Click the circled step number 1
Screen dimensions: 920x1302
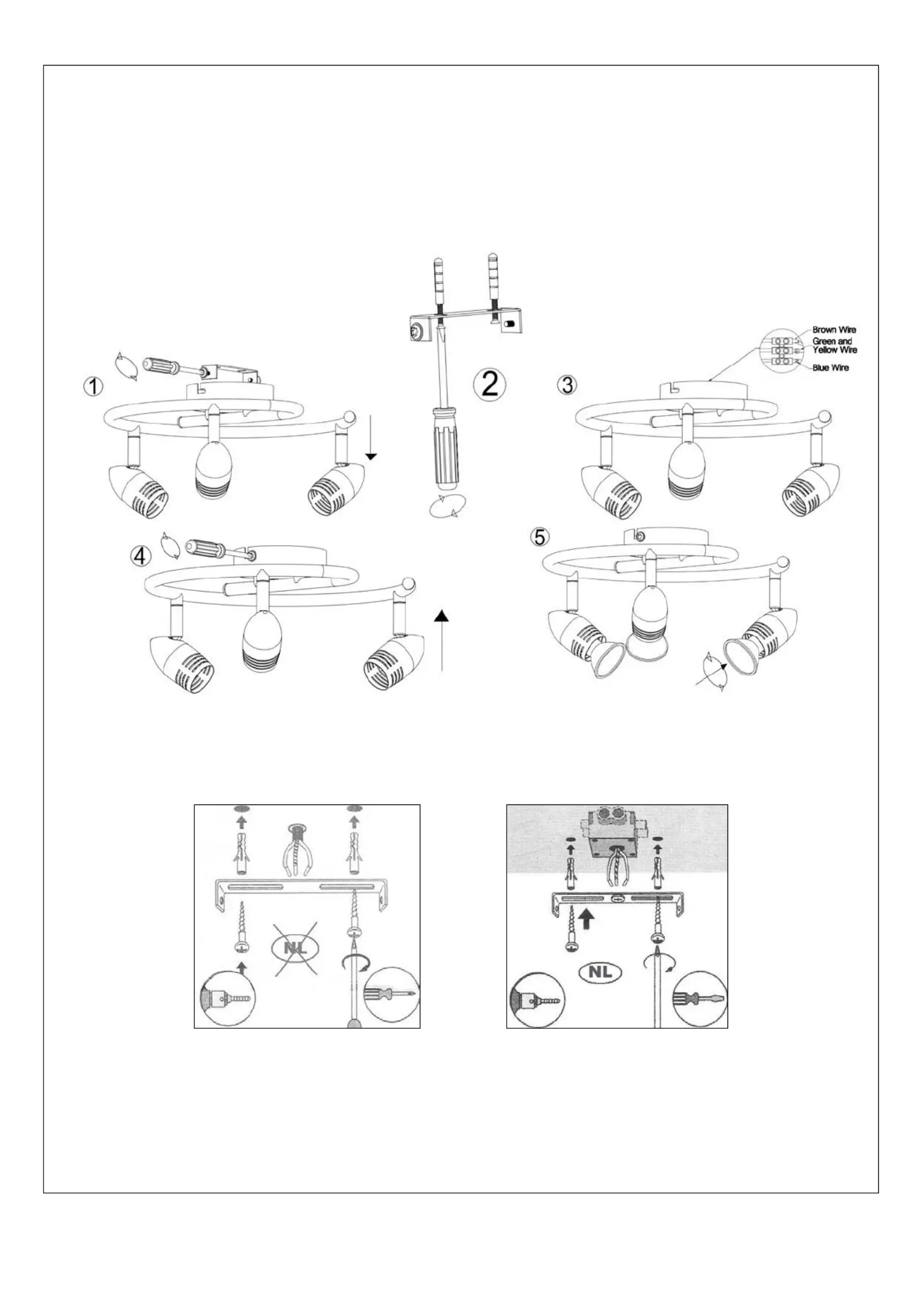93,386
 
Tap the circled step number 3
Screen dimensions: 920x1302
566,385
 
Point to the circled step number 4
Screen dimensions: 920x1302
140,556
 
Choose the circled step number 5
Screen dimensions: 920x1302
540,537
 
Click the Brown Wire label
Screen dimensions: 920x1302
834,330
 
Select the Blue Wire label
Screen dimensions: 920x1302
830,368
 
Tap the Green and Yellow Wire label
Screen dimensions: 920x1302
834,346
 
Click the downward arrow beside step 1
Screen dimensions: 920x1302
371,437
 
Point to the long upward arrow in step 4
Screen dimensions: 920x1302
442,640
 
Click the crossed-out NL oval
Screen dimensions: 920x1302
295,948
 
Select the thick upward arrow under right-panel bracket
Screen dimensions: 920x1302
587,917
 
